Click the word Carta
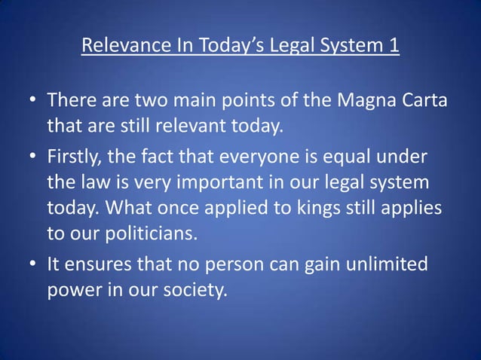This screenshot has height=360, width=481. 418,99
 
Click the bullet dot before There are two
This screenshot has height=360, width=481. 32,100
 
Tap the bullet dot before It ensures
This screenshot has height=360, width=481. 32,265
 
